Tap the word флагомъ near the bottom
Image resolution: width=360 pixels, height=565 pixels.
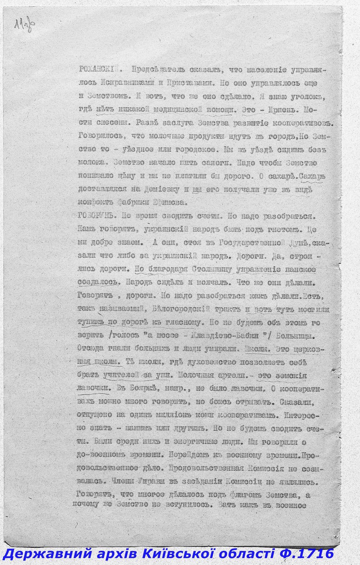248,494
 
